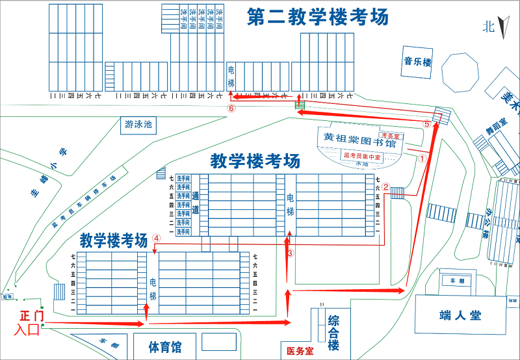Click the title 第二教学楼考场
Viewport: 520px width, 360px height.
[318, 18]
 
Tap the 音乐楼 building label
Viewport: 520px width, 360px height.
[417, 62]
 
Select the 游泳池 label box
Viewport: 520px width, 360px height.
[138, 124]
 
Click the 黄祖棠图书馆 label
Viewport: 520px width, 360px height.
[360, 140]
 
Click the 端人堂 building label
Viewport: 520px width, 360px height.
[460, 316]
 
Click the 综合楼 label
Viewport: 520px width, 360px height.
[333, 332]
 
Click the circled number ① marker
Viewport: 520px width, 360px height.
[421, 157]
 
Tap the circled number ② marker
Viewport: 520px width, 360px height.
[385, 187]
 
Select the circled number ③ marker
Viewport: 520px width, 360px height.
[291, 253]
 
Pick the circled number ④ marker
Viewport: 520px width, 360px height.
[157, 238]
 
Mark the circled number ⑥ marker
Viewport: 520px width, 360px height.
[231, 109]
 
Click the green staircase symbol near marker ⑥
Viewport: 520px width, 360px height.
[300, 104]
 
